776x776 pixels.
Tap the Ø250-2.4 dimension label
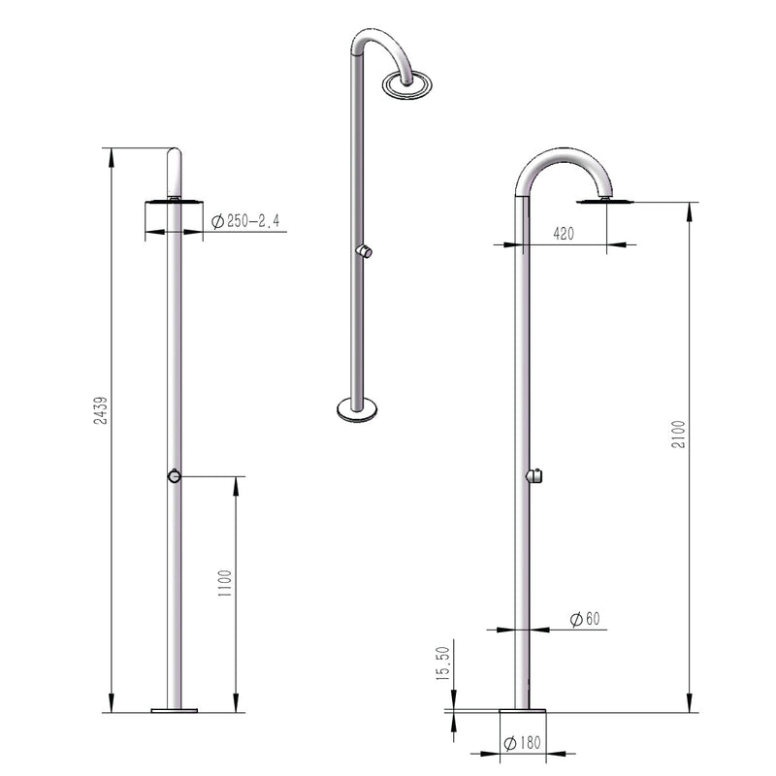point(245,222)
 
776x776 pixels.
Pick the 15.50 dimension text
point(442,665)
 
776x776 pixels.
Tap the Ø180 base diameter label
point(521,745)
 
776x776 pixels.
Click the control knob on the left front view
point(172,476)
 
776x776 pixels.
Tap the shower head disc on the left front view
point(173,201)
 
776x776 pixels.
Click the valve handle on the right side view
point(533,475)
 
